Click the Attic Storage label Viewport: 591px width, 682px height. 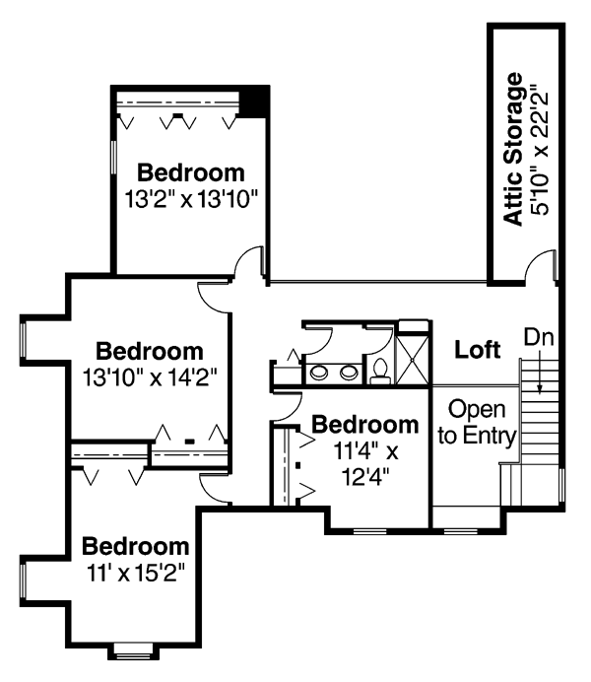pos(512,149)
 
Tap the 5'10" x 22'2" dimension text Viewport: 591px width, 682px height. pos(540,153)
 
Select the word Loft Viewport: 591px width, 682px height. pos(477,349)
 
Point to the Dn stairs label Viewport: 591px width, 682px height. pos(539,337)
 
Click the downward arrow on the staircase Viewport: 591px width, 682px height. pos(540,371)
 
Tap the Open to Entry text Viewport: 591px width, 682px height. pos(477,422)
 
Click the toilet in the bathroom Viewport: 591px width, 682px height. pos(380,373)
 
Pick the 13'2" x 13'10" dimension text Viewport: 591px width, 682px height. pos(192,200)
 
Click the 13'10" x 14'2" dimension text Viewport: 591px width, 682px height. pos(150,377)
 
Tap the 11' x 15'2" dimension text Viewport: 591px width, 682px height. pos(137,573)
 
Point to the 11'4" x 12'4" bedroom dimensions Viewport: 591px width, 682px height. pos(365,464)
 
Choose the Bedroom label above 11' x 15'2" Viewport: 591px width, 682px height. pos(136,547)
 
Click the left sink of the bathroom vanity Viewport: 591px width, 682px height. pos(319,373)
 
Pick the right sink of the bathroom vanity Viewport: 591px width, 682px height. pos(349,373)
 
